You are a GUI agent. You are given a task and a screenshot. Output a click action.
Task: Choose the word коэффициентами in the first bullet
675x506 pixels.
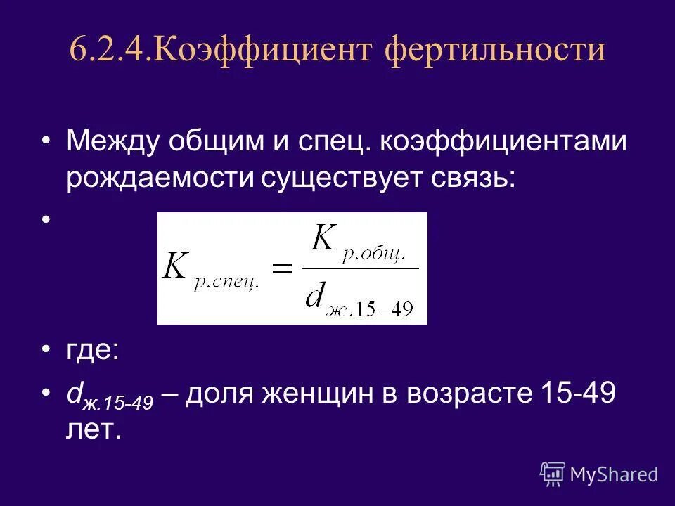point(503,143)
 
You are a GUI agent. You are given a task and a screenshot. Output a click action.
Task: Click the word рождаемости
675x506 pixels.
point(161,178)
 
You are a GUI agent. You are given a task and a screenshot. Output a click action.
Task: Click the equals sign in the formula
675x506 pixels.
point(281,268)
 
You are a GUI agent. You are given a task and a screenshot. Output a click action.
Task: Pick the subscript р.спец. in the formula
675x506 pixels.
point(222,282)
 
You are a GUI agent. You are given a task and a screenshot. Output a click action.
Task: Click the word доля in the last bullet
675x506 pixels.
point(225,394)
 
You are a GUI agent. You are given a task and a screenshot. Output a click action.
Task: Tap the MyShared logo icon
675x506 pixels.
point(552,474)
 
